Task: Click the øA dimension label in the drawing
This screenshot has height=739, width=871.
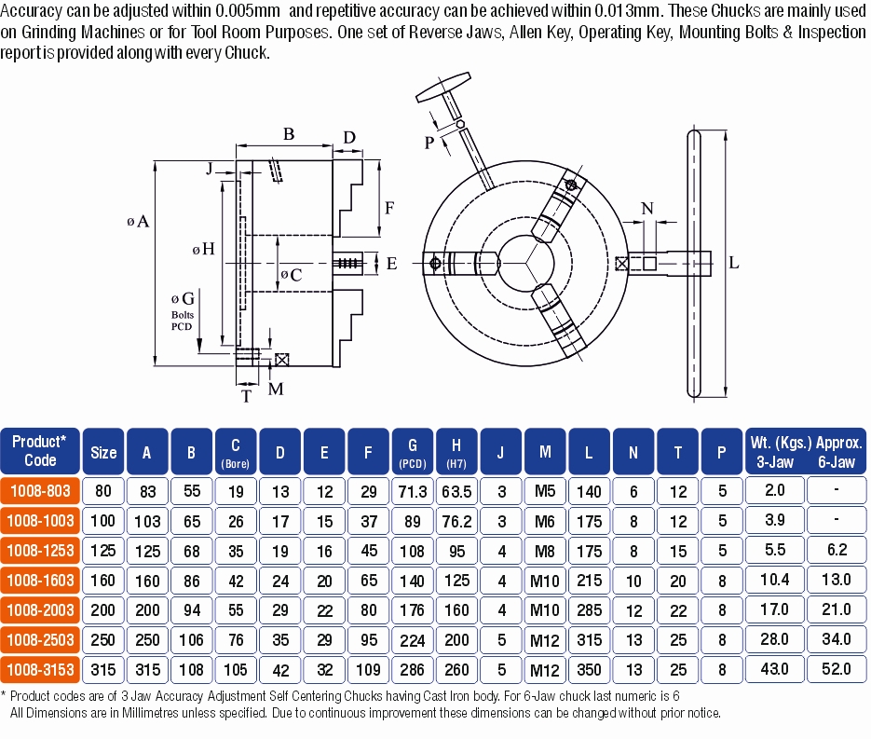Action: pyautogui.click(x=137, y=222)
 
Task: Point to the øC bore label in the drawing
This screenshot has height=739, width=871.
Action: pyautogui.click(x=291, y=275)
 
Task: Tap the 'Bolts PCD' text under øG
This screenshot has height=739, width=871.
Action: pyautogui.click(x=183, y=321)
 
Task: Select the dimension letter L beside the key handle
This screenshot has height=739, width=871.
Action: pyautogui.click(x=734, y=264)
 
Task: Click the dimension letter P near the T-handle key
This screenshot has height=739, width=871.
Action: pyautogui.click(x=429, y=143)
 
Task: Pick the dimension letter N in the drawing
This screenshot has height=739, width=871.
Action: pyautogui.click(x=648, y=208)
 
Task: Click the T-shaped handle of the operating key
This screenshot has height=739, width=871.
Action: pyautogui.click(x=445, y=91)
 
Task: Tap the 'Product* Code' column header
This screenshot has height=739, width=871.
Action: pyautogui.click(x=40, y=451)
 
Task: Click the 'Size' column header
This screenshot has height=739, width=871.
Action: pyautogui.click(x=103, y=452)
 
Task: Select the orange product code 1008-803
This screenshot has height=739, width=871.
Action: pyautogui.click(x=40, y=491)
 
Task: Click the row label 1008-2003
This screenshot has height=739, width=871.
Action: pyautogui.click(x=40, y=609)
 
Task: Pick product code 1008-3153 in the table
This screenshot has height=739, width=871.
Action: pyautogui.click(x=40, y=669)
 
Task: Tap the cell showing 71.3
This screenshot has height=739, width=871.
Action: pyautogui.click(x=412, y=491)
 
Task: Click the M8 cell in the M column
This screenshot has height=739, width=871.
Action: pyautogui.click(x=545, y=551)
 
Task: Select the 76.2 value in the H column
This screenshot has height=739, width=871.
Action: pyautogui.click(x=456, y=521)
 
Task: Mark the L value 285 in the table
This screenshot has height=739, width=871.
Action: pyautogui.click(x=589, y=609)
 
